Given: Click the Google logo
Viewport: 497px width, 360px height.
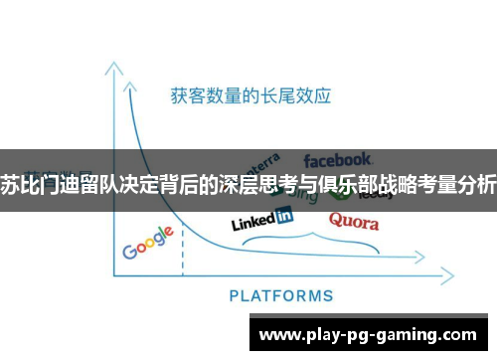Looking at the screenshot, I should [148, 243].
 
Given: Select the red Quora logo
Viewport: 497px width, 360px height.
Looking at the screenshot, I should [353, 220].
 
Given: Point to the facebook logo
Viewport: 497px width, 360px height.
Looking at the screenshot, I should [338, 159].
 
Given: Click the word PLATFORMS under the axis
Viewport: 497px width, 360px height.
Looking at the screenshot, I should [281, 295].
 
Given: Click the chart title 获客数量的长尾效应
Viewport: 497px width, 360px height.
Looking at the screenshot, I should [250, 97].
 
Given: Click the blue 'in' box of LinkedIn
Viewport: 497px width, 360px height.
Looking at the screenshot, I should [283, 214].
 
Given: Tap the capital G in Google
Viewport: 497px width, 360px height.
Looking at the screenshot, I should [129, 251].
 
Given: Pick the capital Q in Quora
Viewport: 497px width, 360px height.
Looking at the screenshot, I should [336, 220].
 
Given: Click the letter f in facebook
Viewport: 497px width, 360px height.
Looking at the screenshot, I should [308, 159].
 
